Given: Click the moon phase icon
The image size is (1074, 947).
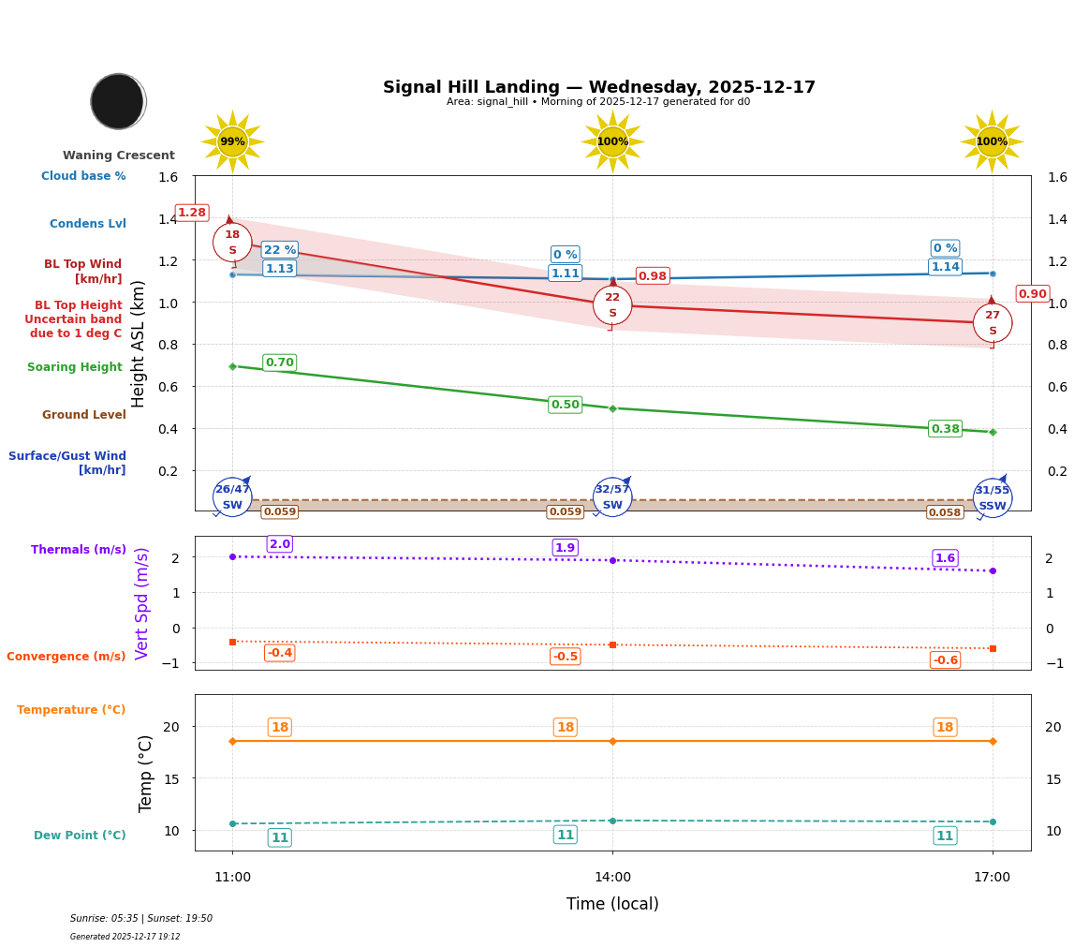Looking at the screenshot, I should tap(118, 101).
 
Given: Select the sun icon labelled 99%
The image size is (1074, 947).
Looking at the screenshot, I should tap(232, 142).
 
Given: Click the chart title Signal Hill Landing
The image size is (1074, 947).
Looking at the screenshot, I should tap(598, 87).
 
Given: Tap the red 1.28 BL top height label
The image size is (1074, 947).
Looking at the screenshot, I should tap(192, 213).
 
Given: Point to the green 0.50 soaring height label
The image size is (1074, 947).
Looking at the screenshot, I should tap(565, 405).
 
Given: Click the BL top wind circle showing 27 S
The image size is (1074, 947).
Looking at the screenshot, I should tap(993, 323).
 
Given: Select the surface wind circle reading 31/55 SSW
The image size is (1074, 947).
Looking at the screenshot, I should tap(993, 498).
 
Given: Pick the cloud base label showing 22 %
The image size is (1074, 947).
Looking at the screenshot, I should tap(280, 250).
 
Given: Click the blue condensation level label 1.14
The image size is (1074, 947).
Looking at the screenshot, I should tap(945, 267).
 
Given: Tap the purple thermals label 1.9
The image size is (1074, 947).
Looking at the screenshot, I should tap(565, 548).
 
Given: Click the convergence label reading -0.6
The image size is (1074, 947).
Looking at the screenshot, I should tap(945, 660).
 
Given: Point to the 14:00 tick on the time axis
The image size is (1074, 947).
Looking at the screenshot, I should tap(612, 877).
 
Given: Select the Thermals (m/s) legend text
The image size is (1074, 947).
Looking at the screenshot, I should tap(79, 550).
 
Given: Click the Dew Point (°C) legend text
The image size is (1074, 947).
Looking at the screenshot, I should tap(80, 836).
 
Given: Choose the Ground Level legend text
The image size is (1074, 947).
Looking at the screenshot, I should tap(84, 415).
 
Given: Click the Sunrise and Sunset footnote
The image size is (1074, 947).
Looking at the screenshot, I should tap(141, 919).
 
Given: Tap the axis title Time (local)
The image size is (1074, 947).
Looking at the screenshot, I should tap(612, 904).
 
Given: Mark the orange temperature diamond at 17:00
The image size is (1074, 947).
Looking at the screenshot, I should tap(993, 741).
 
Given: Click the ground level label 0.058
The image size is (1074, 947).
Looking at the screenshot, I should tap(945, 512).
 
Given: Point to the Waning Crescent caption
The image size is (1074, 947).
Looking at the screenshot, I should tap(119, 155).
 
